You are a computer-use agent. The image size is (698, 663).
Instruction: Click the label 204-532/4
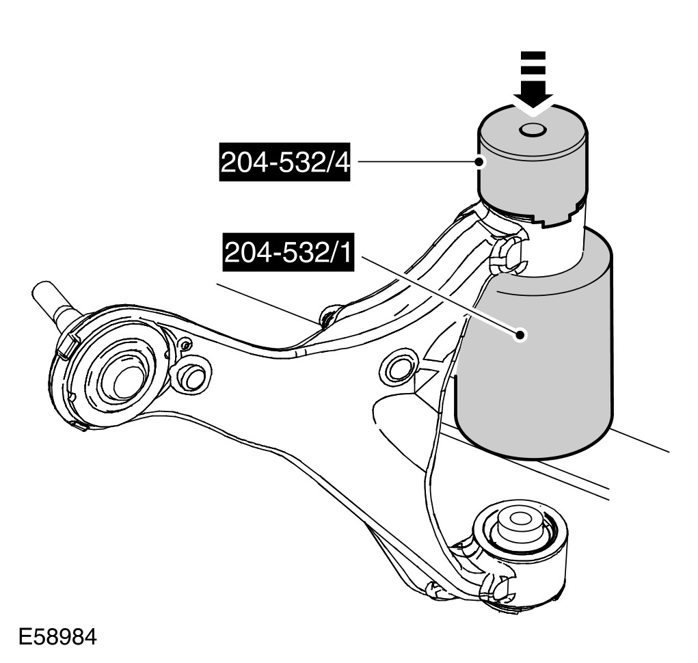click(x=284, y=163)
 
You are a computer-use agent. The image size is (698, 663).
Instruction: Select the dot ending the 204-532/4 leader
click(x=481, y=162)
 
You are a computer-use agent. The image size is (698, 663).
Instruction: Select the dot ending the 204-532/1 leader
click(x=521, y=334)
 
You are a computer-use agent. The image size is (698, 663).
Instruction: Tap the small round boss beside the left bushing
click(x=193, y=377)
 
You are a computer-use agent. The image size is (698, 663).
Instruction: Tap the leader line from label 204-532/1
click(x=438, y=294)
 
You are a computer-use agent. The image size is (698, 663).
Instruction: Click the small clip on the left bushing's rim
click(x=68, y=342)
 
